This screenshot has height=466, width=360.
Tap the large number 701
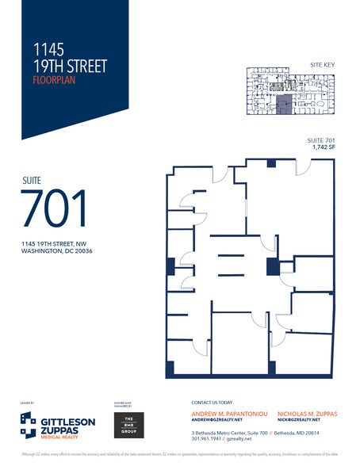click(x=55, y=209)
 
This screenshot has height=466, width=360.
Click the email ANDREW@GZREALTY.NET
click(x=219, y=421)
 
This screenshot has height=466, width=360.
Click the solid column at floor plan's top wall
click(x=271, y=163)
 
